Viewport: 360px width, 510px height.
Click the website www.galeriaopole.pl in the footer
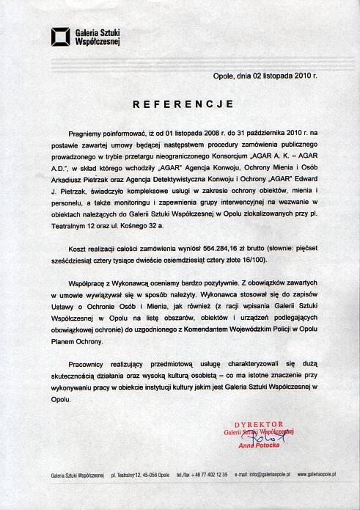(x=317, y=476)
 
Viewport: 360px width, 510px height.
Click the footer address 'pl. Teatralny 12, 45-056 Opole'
(x=137, y=476)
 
